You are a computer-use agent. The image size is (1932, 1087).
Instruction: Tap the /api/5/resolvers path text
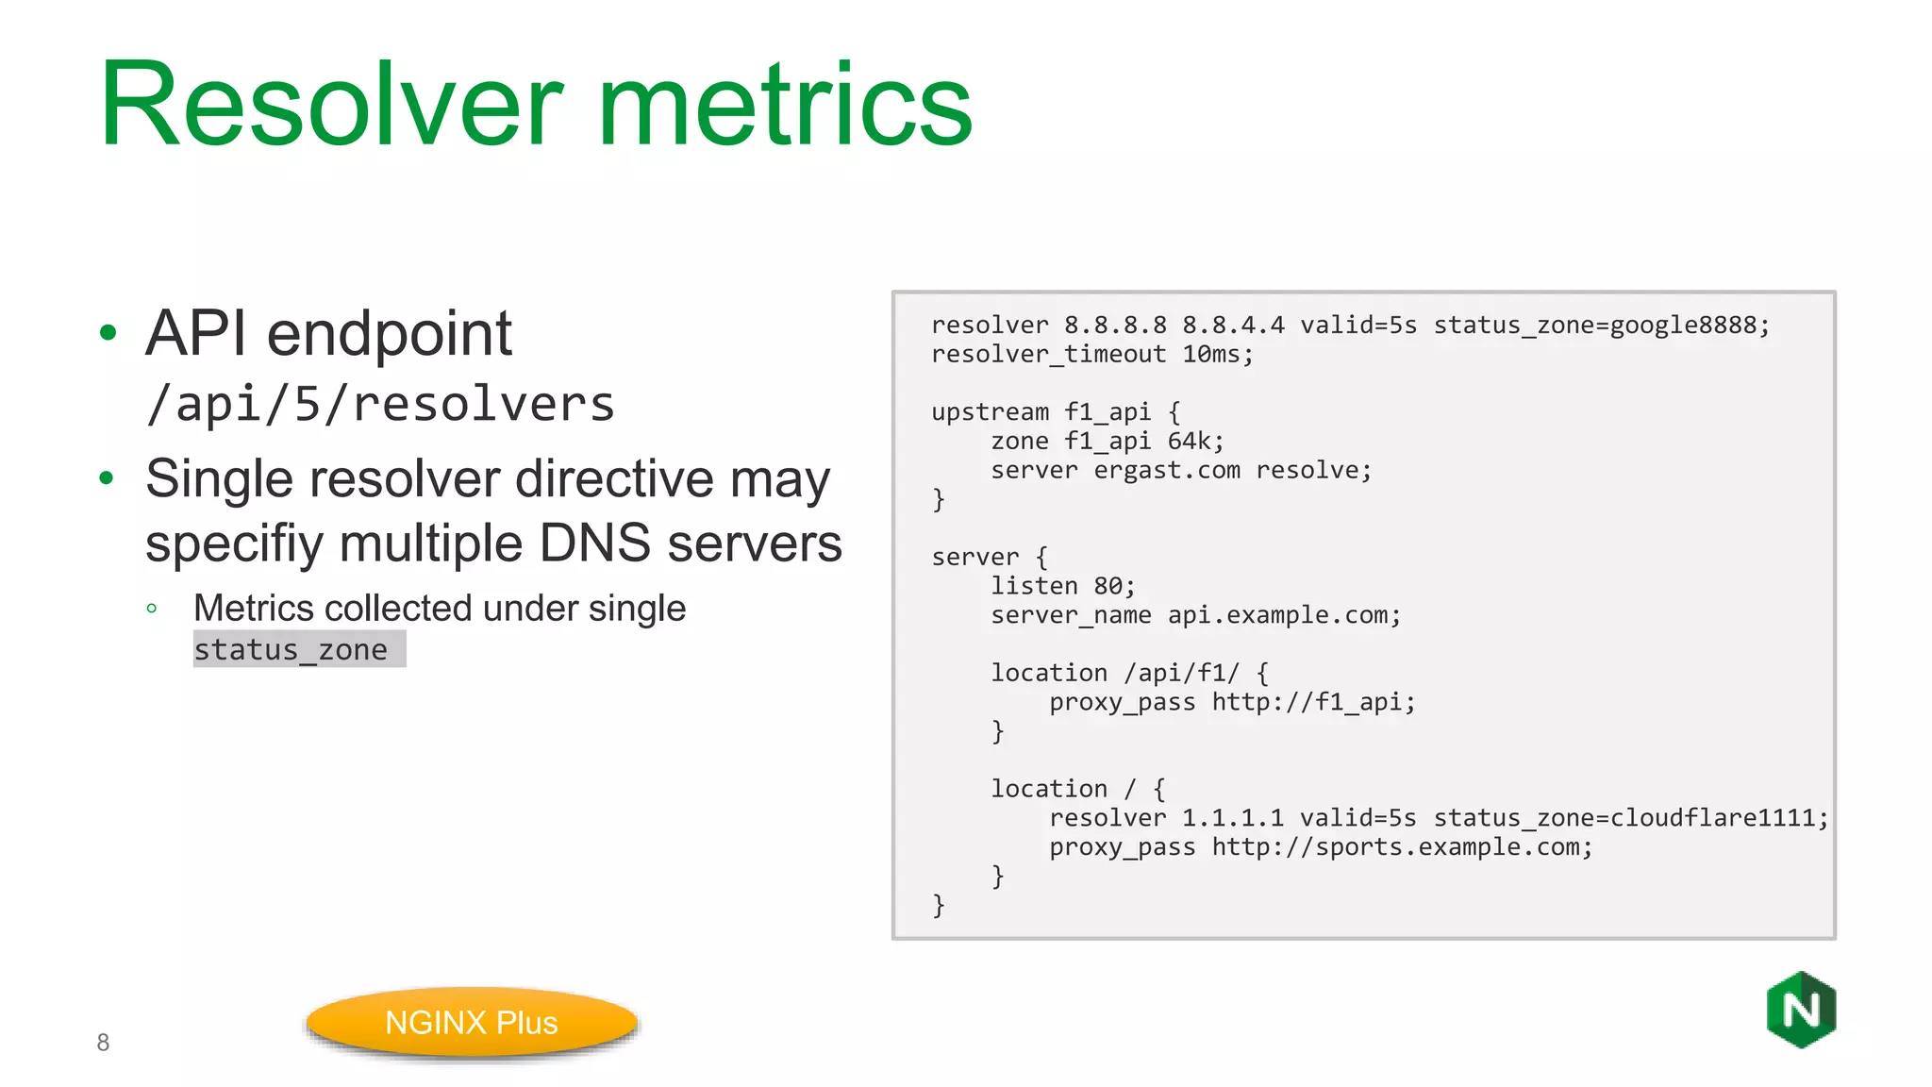(380, 404)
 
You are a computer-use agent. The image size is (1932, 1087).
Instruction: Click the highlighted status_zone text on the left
(291, 649)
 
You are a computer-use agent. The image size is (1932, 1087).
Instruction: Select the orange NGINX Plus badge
(472, 1023)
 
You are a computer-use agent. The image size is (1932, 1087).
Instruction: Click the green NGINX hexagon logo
(1801, 1010)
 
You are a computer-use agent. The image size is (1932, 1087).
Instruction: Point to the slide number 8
(103, 1043)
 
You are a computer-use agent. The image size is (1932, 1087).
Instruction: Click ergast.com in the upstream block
(1167, 470)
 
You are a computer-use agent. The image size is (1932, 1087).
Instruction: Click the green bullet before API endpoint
(108, 332)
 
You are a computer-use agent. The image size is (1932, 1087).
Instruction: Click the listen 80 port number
(1108, 586)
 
